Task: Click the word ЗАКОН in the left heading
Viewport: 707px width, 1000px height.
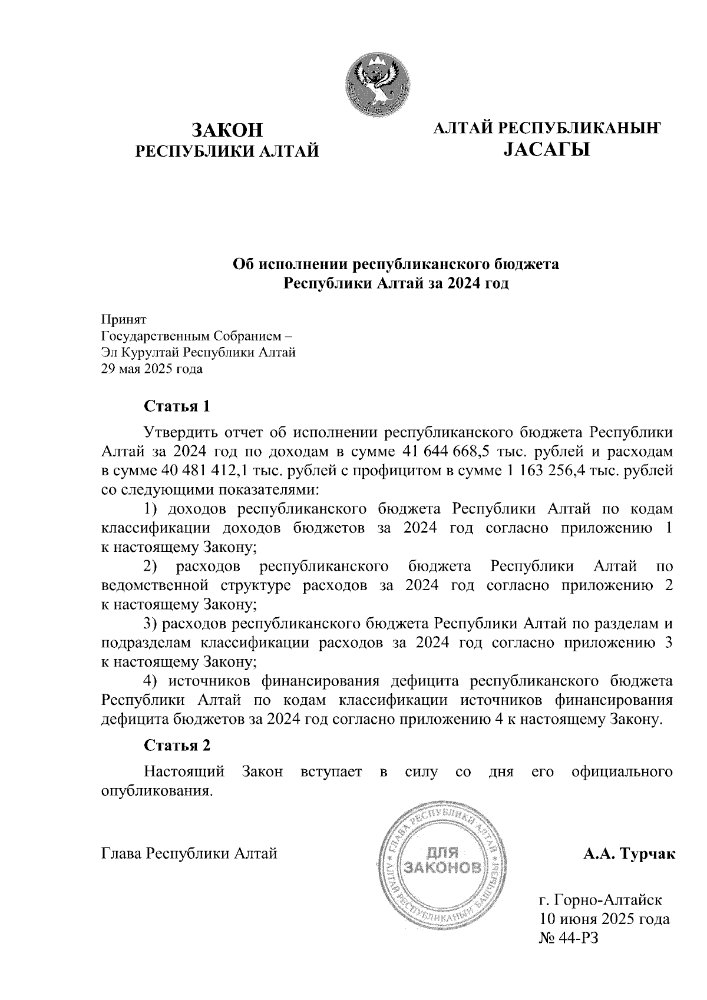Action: click(227, 130)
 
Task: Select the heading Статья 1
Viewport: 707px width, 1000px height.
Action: click(177, 406)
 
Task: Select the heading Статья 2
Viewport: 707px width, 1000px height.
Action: click(177, 745)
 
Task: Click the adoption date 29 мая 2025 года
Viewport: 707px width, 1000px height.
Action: click(152, 369)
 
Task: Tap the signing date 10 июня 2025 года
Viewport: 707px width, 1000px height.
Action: click(604, 918)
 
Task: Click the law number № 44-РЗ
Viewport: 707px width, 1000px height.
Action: click(569, 938)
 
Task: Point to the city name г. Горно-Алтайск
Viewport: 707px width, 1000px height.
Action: click(601, 899)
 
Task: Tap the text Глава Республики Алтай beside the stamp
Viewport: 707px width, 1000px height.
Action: click(189, 853)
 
